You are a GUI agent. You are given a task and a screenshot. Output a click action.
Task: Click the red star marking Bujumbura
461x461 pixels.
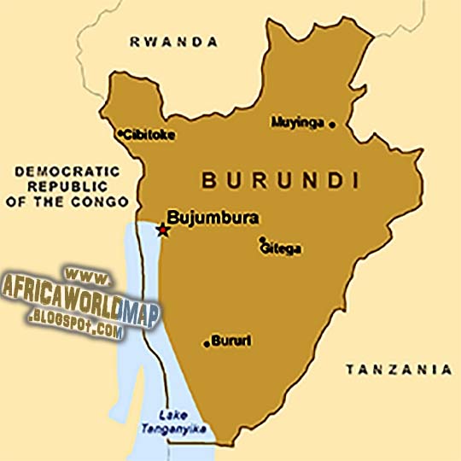[162, 229]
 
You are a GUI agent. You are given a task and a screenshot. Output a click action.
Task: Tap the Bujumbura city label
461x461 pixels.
[213, 217]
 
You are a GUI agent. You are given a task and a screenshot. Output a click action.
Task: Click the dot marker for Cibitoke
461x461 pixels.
[120, 133]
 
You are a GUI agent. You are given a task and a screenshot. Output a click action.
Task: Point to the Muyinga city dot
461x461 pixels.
[332, 124]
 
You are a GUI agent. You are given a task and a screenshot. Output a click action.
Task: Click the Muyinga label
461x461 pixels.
[298, 123]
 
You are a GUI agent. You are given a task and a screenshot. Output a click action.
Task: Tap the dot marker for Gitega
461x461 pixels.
[262, 240]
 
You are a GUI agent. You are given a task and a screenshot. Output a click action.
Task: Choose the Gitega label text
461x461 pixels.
[282, 249]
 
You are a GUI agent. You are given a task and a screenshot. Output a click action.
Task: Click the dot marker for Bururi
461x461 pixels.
[207, 344]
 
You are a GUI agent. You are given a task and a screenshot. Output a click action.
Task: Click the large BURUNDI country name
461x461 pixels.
[278, 180]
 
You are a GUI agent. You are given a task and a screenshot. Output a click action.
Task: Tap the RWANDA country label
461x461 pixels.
[173, 41]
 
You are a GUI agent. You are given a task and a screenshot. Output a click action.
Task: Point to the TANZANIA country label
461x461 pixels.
[398, 370]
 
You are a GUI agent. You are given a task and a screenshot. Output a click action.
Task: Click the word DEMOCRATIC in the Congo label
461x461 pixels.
[63, 171]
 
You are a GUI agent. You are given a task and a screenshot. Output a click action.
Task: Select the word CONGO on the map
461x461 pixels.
[108, 201]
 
